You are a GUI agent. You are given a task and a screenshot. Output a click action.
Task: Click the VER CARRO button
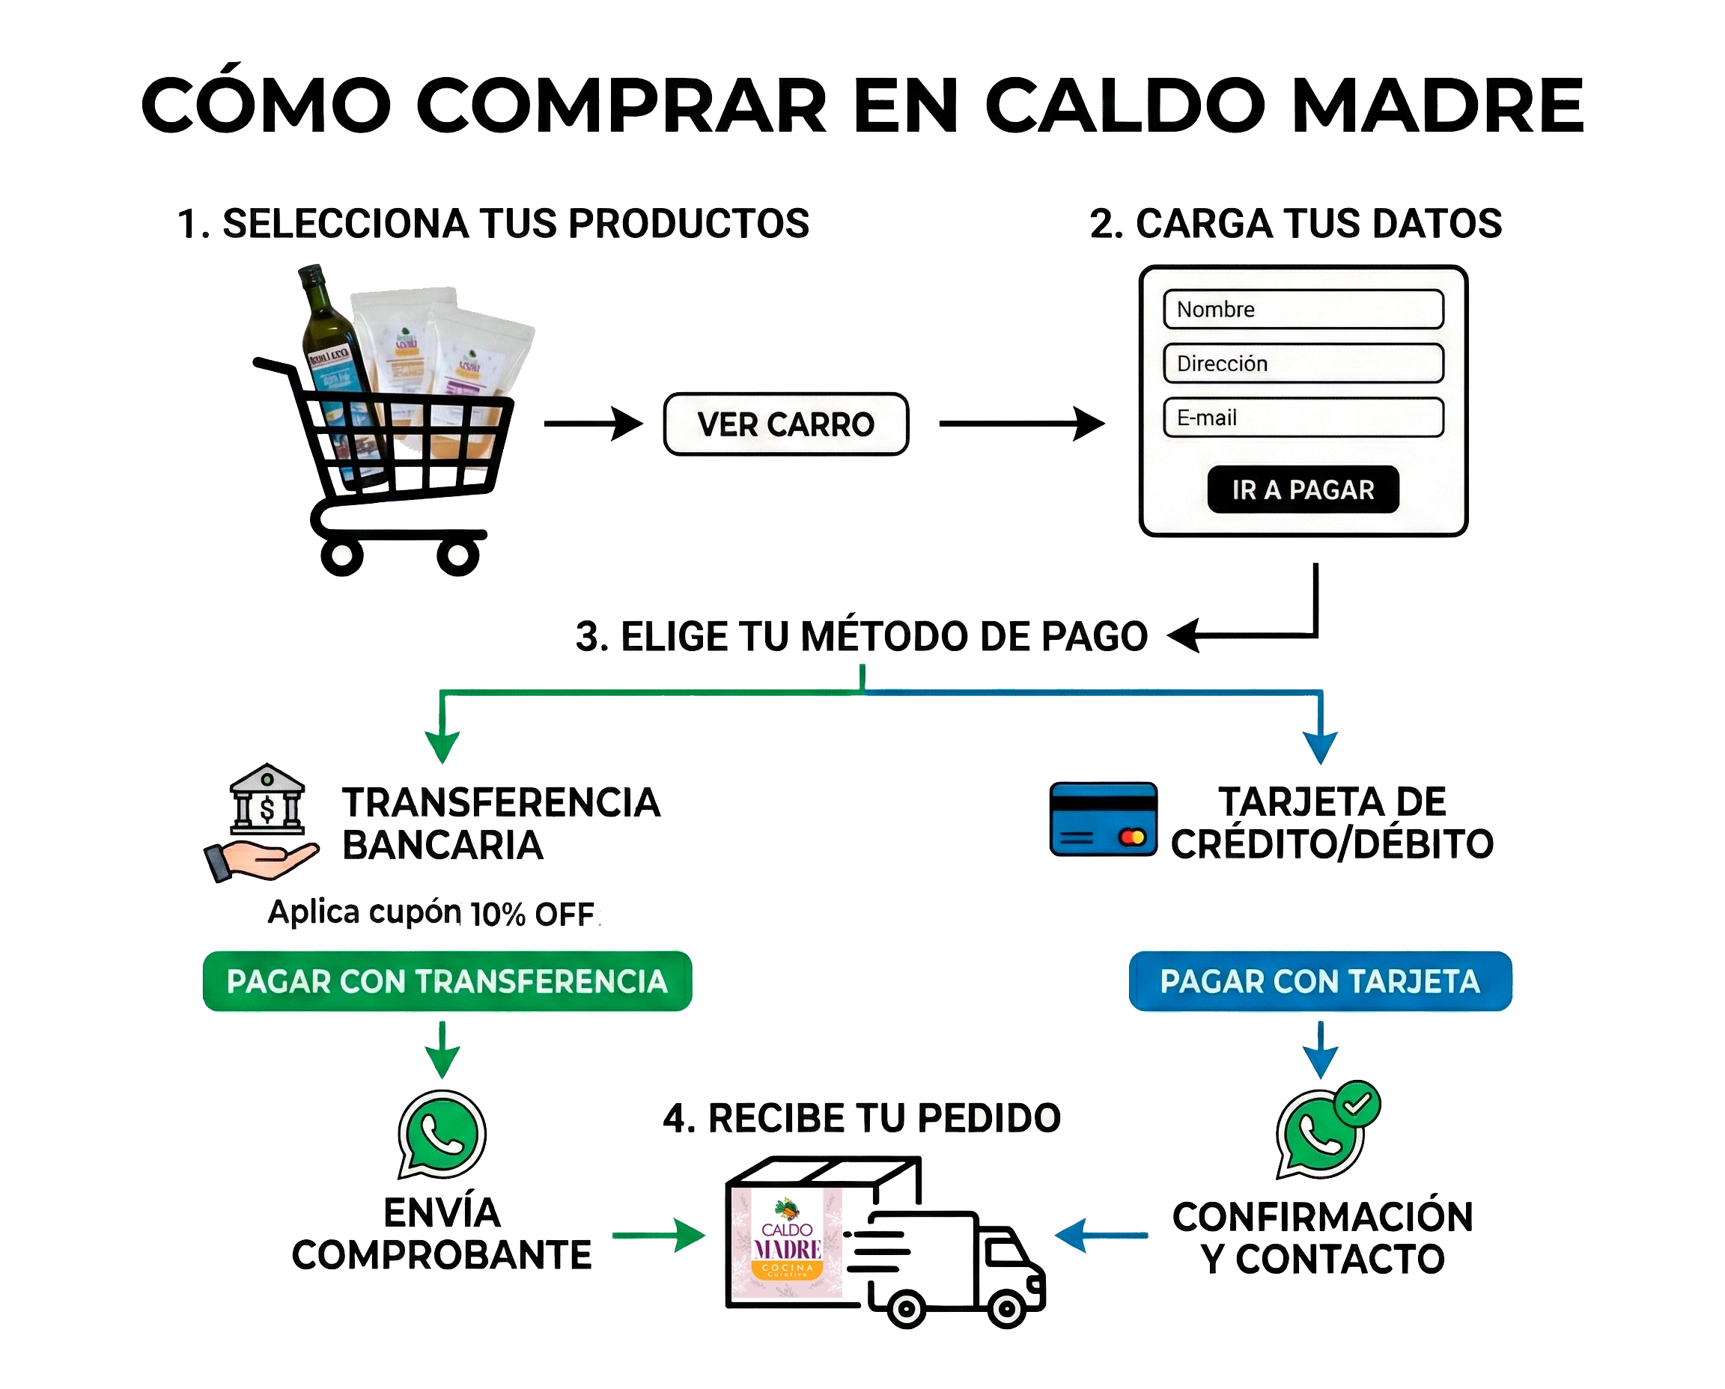tap(785, 424)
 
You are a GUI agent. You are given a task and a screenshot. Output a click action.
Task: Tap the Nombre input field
tap(1303, 310)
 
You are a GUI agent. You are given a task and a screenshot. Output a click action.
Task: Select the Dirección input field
tap(1303, 364)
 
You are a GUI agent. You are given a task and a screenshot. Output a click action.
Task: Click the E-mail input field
tap(1303, 418)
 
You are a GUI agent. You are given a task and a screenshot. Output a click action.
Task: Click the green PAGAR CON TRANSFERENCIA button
tap(447, 982)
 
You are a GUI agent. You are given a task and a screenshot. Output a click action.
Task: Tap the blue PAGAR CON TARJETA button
tap(1320, 982)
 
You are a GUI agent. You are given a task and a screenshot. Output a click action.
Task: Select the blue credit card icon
tap(1103, 820)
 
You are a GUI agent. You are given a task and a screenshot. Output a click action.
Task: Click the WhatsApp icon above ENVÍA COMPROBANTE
tap(441, 1135)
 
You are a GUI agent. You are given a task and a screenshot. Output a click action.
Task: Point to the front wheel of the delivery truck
tap(1006, 1310)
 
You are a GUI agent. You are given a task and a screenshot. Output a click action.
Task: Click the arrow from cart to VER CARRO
tap(591, 424)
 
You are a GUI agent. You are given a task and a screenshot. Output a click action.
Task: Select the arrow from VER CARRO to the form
tap(1020, 424)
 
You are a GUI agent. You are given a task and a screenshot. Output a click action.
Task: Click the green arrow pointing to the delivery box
tap(658, 1236)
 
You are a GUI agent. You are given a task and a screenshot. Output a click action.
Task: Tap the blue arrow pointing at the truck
tap(1101, 1236)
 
